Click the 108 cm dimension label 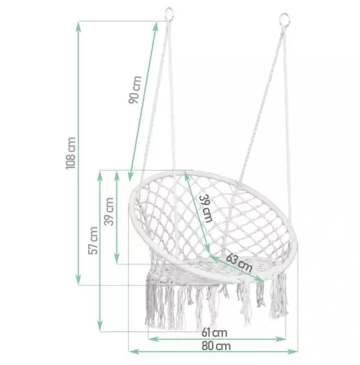[x=71, y=153]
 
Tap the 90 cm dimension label [x=135, y=90]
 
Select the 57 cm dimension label [x=93, y=241]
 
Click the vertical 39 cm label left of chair [x=108, y=211]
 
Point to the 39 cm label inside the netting [x=206, y=208]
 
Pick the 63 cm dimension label [x=239, y=263]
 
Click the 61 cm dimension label [x=215, y=333]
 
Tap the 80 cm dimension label [x=216, y=346]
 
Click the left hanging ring [x=169, y=14]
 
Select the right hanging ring [x=285, y=20]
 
